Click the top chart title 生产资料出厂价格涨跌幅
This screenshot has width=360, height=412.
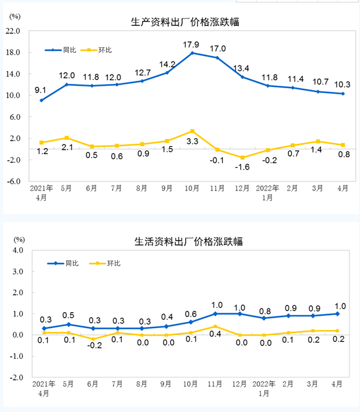(x=185, y=22)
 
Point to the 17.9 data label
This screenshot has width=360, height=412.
(x=191, y=44)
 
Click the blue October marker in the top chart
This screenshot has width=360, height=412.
(x=192, y=53)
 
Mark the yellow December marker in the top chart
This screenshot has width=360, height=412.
(x=242, y=157)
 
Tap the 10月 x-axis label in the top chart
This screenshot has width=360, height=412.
(x=192, y=187)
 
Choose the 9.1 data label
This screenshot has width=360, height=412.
(x=41, y=88)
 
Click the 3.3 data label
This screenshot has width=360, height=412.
(x=191, y=141)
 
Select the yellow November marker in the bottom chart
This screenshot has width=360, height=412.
(x=215, y=326)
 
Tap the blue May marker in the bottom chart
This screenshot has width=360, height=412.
(x=69, y=324)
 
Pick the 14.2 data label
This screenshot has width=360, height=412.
(x=167, y=64)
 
